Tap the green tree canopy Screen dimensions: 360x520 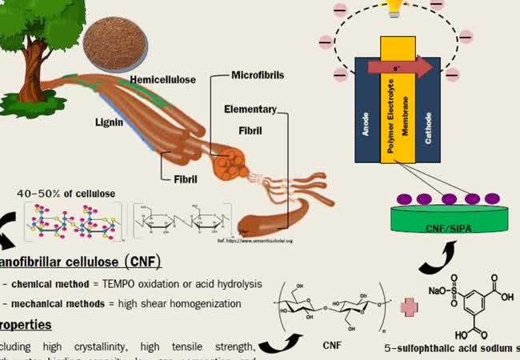(32, 20)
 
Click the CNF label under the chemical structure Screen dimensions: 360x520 (330, 346)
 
